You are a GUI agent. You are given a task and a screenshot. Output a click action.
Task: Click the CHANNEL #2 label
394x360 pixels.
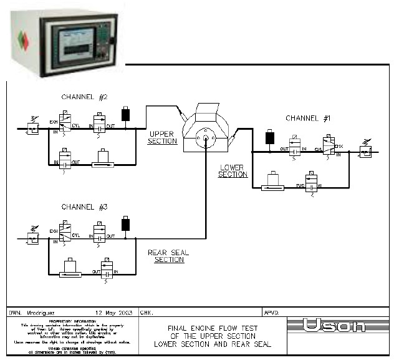[x=85, y=97]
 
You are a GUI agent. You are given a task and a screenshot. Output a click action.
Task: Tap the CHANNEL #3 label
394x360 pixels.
[x=85, y=207]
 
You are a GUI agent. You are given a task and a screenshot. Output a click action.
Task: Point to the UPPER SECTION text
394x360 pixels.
[x=163, y=137]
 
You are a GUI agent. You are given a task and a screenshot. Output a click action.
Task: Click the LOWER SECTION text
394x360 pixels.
[x=233, y=171]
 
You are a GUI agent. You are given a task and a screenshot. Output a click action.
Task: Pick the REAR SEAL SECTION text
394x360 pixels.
[x=169, y=256]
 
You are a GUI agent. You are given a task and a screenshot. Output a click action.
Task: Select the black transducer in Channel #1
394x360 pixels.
[x=270, y=137]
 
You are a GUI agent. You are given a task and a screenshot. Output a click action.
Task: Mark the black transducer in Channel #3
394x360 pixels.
[x=126, y=224]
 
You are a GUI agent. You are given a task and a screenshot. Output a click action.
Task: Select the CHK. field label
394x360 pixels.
[x=147, y=311]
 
